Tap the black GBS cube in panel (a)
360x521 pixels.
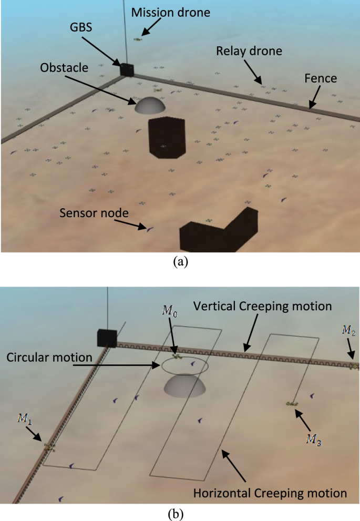[127, 69]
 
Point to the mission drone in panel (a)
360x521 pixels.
[138, 39]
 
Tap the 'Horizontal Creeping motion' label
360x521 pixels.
[270, 493]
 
